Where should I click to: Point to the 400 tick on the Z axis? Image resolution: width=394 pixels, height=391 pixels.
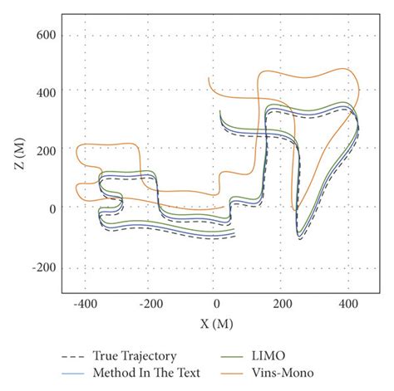point(46,90)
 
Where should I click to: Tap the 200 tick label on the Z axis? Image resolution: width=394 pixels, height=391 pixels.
point(46,149)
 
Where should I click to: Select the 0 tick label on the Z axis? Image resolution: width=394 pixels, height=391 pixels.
point(52,208)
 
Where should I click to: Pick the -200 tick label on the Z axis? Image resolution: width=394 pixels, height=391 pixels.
point(43,267)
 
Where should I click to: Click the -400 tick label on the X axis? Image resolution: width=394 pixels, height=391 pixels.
point(83,305)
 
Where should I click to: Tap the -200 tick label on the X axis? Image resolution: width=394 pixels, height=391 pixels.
point(150,305)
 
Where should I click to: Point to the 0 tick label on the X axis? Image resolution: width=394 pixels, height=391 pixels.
point(216,305)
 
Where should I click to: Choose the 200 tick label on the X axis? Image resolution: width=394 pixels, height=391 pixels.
point(282,305)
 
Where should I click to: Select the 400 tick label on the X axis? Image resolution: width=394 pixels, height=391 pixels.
point(348,305)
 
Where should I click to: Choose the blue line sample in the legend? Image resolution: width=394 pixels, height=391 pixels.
point(75,374)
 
